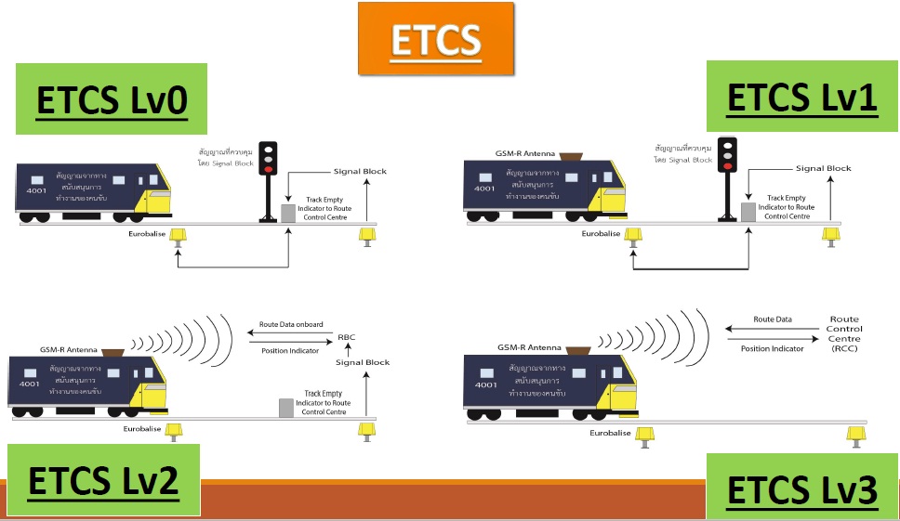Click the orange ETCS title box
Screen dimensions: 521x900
click(x=435, y=39)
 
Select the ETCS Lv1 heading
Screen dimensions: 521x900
click(x=801, y=97)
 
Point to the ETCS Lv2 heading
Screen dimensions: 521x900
click(x=103, y=481)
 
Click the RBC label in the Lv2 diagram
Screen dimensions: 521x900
click(x=347, y=337)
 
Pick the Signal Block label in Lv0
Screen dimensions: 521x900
click(x=360, y=171)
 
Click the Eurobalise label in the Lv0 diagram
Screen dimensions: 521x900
click(x=148, y=234)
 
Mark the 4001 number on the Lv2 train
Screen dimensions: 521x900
click(x=29, y=383)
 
